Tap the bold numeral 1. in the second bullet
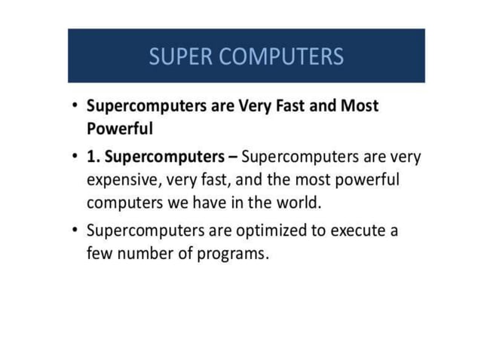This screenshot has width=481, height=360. click(94, 157)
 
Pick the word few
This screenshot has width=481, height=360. click(100, 253)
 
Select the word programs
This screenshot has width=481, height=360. click(233, 254)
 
